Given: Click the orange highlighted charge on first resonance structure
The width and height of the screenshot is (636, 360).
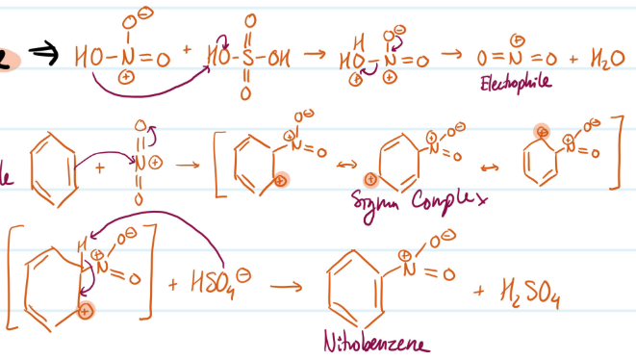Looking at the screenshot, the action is pos(281,179).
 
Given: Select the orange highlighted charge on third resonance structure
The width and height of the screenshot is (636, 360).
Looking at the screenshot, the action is pos(542,130).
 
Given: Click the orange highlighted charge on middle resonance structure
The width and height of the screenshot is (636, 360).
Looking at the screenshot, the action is pos(370,179).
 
